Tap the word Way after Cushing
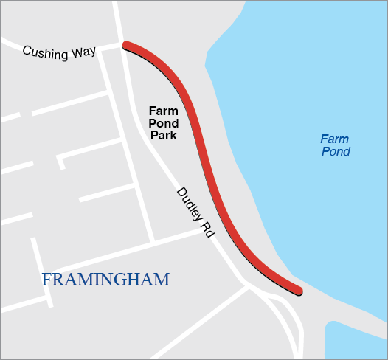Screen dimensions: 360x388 pos(83,55)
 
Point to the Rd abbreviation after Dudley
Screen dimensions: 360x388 pos(208,229)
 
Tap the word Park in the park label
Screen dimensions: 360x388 pos(164,136)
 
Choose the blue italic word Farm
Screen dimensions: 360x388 pos(334,139)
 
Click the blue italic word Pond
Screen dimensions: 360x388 pos(336,152)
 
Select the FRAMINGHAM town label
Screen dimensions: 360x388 pos(105,280)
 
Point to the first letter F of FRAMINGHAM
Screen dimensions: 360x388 pos(46,280)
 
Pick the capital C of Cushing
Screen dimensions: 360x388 pos(27,50)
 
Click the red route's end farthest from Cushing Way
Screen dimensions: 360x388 pos(299,290)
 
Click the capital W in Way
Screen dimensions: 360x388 pos(76,54)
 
